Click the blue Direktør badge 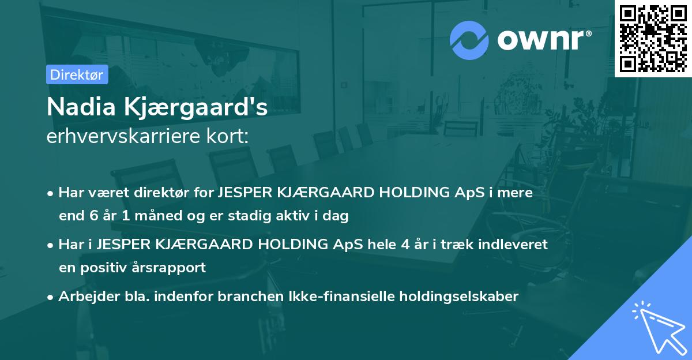[77, 74]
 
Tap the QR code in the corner [653, 38]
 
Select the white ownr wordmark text [540, 40]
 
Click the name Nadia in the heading [81, 107]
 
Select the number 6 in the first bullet [93, 215]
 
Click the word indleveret [513, 244]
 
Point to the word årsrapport [168, 268]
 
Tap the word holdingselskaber [459, 297]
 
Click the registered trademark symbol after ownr [588, 33]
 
